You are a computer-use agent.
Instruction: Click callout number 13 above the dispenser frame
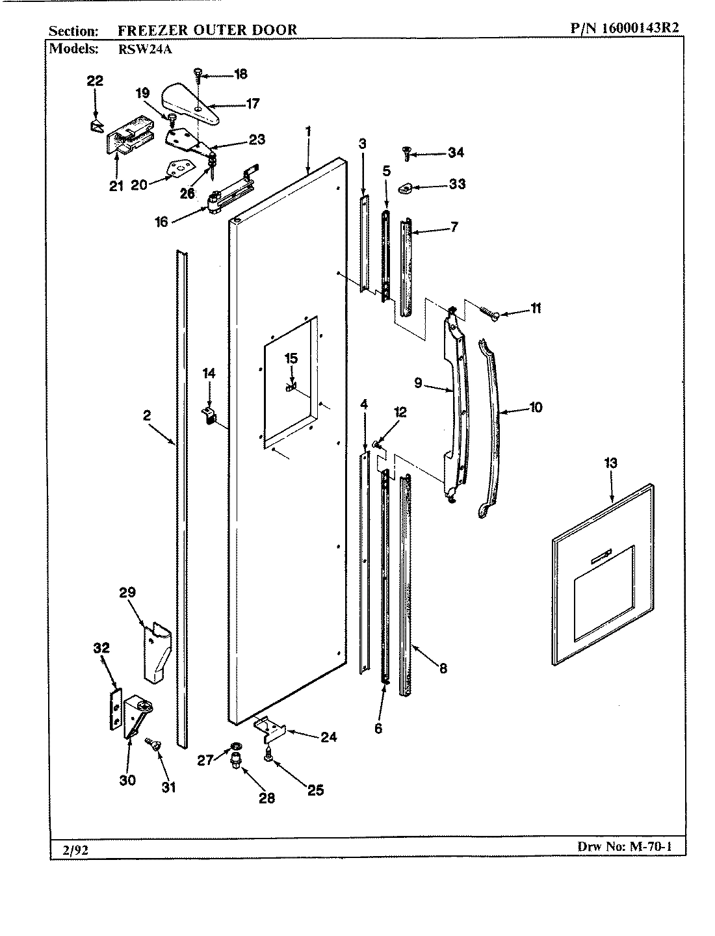(610, 463)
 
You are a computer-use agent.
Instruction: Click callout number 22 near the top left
(95, 81)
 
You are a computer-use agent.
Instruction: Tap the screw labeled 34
(406, 154)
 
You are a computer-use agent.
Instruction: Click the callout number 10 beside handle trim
(536, 408)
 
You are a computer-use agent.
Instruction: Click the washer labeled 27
(233, 746)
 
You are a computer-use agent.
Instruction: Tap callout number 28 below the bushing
(266, 798)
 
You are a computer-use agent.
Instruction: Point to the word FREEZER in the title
(147, 29)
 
